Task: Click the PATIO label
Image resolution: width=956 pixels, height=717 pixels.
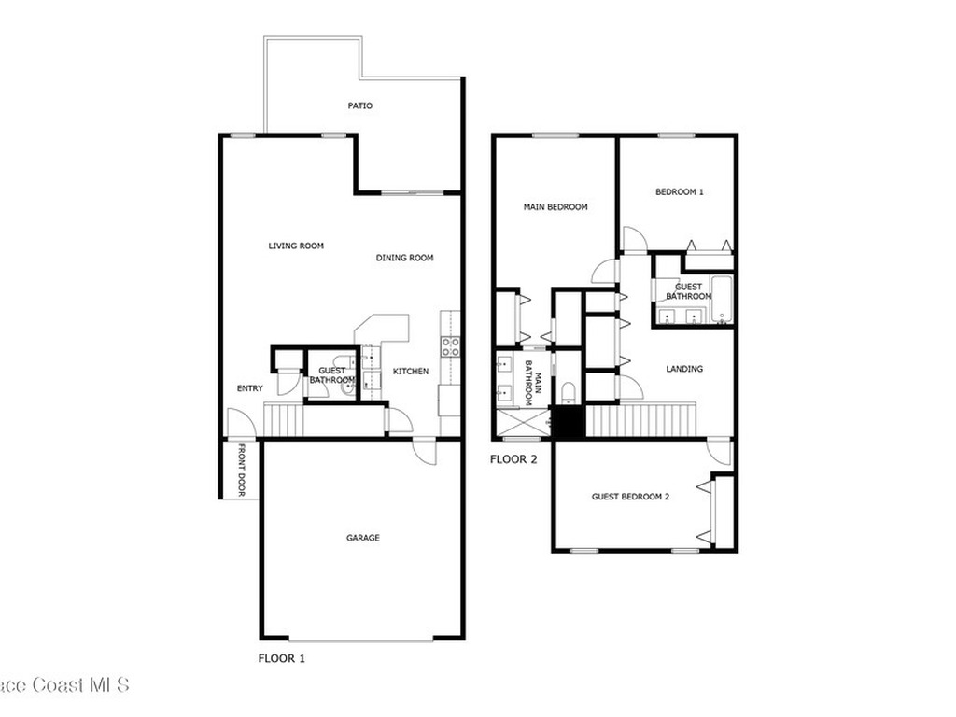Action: pyautogui.click(x=359, y=105)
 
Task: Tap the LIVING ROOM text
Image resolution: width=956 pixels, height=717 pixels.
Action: pyautogui.click(x=296, y=246)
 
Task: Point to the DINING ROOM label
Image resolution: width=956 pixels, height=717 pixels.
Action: pyautogui.click(x=405, y=258)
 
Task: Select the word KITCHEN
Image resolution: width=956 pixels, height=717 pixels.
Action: pyautogui.click(x=411, y=371)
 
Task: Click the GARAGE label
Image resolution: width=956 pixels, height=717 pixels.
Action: pyautogui.click(x=363, y=538)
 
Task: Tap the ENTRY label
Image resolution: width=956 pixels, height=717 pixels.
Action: pyautogui.click(x=250, y=387)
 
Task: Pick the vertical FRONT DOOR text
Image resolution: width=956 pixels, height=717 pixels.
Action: pyautogui.click(x=242, y=470)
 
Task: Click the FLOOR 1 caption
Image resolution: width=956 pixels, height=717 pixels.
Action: pyautogui.click(x=282, y=658)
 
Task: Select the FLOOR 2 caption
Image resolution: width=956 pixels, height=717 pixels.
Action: pyautogui.click(x=514, y=459)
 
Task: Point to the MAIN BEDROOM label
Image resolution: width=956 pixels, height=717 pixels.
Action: pyautogui.click(x=555, y=206)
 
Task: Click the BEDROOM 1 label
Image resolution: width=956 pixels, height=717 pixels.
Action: pyautogui.click(x=680, y=191)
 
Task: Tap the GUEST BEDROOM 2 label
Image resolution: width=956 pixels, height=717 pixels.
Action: pyautogui.click(x=630, y=497)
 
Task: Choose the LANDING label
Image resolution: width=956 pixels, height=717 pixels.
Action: pyautogui.click(x=684, y=368)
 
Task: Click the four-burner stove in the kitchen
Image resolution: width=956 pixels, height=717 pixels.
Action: pyautogui.click(x=451, y=347)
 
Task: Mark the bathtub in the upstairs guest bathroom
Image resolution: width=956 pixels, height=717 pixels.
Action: pyautogui.click(x=722, y=300)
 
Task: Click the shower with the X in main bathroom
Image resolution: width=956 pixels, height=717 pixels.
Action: pyautogui.click(x=523, y=424)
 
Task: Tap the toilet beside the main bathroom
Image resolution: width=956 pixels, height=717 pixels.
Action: pyautogui.click(x=569, y=392)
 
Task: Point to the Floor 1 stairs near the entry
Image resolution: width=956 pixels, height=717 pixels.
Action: pyautogui.click(x=284, y=422)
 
